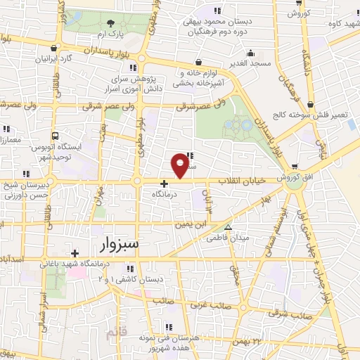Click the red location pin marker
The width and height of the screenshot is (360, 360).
181,165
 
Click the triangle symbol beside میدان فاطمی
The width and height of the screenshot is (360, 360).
227,226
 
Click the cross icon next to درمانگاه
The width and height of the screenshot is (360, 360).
165,184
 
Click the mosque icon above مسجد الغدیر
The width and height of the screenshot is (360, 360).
250,52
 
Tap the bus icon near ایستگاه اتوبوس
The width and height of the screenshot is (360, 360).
54,136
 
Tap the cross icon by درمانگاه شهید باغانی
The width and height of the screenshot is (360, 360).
75,253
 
